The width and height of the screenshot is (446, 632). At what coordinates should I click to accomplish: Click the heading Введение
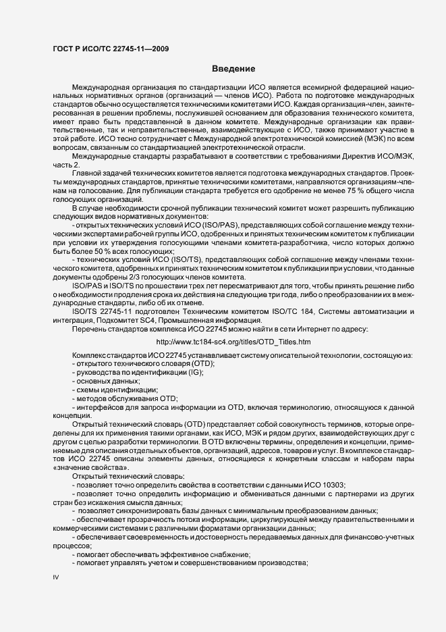[x=233, y=69]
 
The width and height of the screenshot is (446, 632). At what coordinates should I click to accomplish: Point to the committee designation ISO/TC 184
[x=329, y=311]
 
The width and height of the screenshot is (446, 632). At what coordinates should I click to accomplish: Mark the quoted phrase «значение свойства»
[x=86, y=488]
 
